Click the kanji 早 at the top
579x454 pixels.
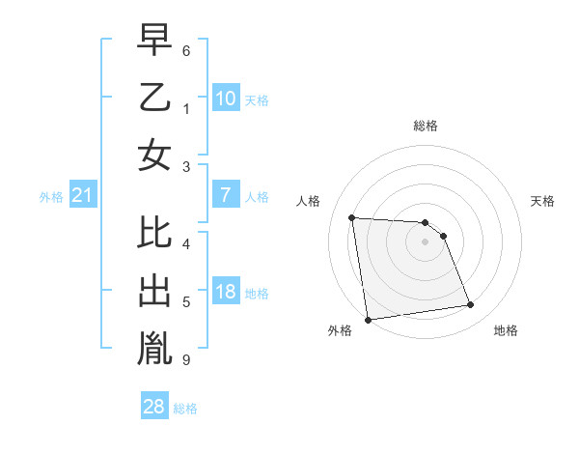coord(154,40)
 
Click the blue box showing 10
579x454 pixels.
coord(225,98)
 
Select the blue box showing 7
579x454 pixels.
coord(225,195)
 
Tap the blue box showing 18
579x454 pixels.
coord(225,293)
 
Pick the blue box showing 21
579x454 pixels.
coord(83,196)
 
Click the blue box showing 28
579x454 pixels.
coord(154,407)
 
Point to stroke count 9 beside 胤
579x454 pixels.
coord(185,360)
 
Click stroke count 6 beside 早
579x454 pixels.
coord(185,49)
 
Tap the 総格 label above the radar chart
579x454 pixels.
coord(425,126)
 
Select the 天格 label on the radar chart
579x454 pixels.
coord(543,201)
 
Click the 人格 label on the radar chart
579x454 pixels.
coord(308,201)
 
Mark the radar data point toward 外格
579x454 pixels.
coord(367,319)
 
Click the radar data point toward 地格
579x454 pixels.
coord(470,305)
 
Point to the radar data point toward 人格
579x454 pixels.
coord(352,217)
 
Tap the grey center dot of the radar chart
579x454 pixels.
coord(425,241)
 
